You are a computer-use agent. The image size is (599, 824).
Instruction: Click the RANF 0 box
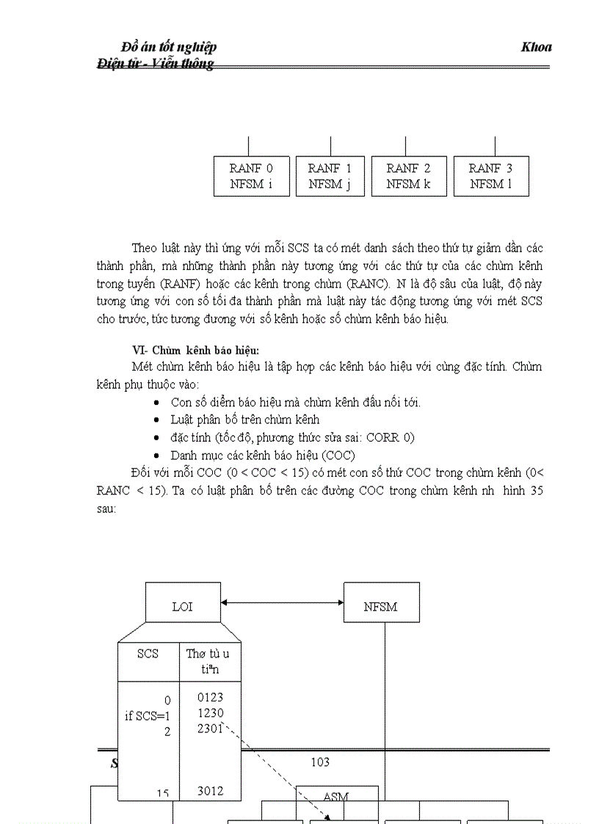click(x=251, y=176)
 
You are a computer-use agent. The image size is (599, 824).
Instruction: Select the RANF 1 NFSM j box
click(x=330, y=176)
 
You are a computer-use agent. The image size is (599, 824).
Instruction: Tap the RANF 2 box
click(x=408, y=176)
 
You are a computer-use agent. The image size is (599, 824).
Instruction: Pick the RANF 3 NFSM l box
click(x=490, y=176)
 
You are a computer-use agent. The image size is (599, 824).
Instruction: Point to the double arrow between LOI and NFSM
click(x=283, y=602)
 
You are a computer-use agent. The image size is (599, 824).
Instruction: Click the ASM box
click(x=336, y=797)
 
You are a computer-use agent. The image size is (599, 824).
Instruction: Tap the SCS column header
click(x=148, y=653)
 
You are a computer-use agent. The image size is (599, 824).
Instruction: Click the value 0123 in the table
click(x=210, y=698)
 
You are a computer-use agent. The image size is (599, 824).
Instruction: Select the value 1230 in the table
click(x=210, y=713)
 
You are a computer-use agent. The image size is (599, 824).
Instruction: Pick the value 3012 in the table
click(x=210, y=791)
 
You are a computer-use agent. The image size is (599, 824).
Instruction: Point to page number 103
click(x=320, y=762)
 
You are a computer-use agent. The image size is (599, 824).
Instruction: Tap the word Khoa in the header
click(x=536, y=48)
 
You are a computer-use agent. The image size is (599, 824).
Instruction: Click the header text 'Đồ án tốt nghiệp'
click(x=169, y=48)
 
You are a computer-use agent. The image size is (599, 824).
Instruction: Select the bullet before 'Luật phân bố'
click(x=157, y=420)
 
